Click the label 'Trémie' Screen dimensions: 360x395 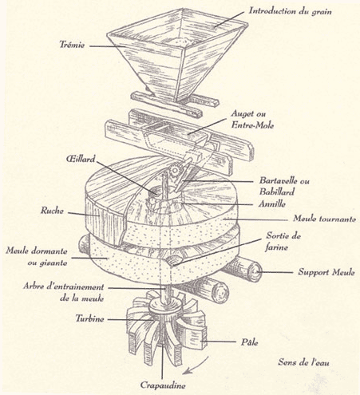[72, 44]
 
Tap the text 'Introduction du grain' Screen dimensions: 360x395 [291, 11]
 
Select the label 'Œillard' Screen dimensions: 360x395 [81, 159]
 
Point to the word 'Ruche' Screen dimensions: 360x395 [52, 211]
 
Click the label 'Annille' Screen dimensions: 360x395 [272, 203]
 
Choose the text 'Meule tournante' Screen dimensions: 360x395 [324, 219]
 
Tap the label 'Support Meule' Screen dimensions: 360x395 [326, 272]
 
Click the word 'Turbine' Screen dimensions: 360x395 [89, 318]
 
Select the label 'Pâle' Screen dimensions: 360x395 [250, 342]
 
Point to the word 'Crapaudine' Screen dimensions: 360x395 [163, 385]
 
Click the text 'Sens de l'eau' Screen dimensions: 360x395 [303, 362]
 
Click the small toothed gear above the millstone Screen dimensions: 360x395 [176, 170]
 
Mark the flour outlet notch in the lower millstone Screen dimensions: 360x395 [173, 260]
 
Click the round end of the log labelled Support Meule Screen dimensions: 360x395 [254, 271]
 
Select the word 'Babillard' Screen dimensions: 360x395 [277, 192]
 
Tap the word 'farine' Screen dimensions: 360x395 [276, 247]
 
